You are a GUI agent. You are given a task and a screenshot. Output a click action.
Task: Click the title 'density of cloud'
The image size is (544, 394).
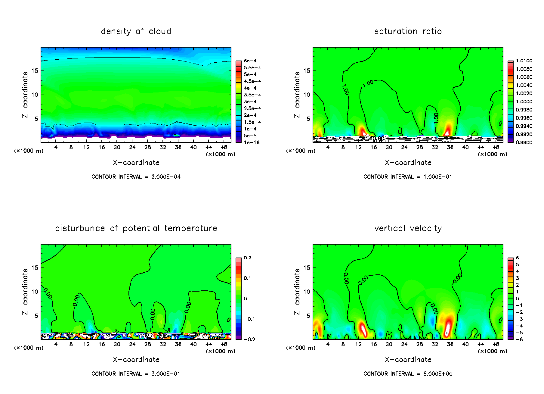(x=136, y=31)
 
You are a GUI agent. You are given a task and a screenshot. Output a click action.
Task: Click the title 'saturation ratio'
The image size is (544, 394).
(x=408, y=31)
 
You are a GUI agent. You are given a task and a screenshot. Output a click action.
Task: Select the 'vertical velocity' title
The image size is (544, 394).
(x=408, y=228)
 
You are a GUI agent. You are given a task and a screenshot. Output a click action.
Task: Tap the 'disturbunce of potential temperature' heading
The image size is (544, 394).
(x=136, y=228)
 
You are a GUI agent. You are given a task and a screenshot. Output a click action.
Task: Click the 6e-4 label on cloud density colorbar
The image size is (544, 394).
(x=250, y=61)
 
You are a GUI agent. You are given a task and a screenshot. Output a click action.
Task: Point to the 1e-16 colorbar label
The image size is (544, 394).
(x=252, y=142)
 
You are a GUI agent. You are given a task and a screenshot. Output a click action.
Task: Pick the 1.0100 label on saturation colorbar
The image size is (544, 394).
(x=524, y=61)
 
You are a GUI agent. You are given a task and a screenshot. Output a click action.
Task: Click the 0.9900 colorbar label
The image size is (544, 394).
(x=524, y=142)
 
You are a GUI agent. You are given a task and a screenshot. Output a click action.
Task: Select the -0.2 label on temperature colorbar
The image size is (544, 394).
(x=249, y=339)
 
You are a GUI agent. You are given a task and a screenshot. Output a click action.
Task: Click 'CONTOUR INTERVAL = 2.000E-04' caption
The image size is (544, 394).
(x=136, y=177)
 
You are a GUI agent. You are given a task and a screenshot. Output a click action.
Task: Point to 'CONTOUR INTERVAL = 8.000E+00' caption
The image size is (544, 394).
(x=408, y=374)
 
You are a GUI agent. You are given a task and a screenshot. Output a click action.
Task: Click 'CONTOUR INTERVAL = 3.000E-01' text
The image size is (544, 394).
(x=136, y=374)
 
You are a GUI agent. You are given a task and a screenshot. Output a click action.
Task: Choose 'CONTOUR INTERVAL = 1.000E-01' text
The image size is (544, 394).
(x=408, y=177)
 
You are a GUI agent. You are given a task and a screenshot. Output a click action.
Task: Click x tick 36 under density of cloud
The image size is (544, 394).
(x=178, y=147)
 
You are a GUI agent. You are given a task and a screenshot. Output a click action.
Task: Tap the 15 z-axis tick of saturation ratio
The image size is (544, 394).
(x=306, y=71)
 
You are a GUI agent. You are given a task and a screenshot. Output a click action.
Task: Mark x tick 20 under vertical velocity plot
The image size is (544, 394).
(x=389, y=344)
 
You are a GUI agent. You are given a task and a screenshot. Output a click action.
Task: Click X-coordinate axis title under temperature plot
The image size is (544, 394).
(x=136, y=360)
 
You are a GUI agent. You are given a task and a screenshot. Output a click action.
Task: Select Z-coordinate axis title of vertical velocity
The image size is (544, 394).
(x=297, y=292)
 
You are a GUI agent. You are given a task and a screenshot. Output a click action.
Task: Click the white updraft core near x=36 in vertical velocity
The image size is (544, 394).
(x=448, y=328)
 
